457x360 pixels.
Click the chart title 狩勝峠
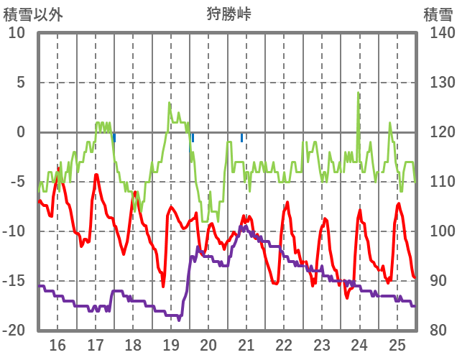pos(228,14)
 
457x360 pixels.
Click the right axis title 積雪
pos(438,14)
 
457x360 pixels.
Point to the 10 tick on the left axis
pos(17,33)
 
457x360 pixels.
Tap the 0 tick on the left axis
pos(20,132)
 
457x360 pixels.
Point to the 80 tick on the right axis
pos(439,331)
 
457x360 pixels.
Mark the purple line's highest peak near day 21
pos(246,227)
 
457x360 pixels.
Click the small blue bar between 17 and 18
pos(114,137)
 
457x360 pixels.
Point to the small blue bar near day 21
pos(241,137)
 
